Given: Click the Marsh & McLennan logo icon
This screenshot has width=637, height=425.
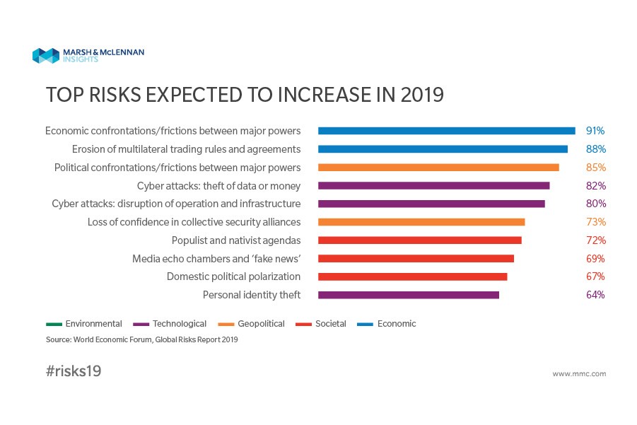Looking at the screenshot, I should (45, 55).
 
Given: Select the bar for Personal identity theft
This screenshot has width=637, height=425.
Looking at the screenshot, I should (409, 295).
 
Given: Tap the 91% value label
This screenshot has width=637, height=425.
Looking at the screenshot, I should (595, 131).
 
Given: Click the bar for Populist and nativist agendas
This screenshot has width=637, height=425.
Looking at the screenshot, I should (420, 240).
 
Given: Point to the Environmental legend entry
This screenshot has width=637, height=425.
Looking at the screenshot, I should (84, 324).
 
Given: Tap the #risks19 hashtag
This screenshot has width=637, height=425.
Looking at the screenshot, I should (74, 371).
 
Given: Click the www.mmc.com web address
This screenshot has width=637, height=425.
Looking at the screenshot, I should (579, 373).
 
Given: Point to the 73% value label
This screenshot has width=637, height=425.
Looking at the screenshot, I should (595, 222).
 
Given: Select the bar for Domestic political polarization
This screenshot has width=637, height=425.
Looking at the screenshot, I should (413, 276).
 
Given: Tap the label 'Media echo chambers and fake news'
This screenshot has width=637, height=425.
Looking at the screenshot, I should (216, 258).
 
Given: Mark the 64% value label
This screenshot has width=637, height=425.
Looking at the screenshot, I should (595, 295).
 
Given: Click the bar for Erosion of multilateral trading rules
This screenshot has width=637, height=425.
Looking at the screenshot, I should (443, 149).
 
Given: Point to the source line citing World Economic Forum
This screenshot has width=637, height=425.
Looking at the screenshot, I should (142, 339).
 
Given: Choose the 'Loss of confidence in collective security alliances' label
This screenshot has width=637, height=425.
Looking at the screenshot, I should (194, 222).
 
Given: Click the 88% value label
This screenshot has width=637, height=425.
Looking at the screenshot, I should (595, 149).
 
